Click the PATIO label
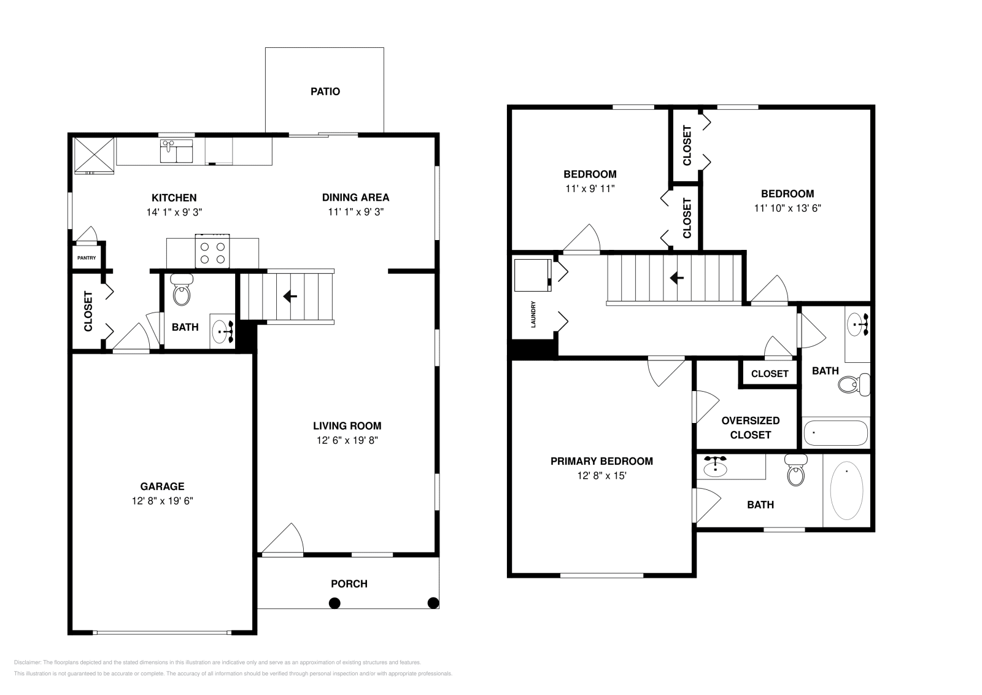point(325,91)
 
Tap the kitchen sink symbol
point(176,151)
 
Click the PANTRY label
point(87,258)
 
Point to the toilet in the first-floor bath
point(182,292)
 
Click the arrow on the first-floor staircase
point(290,297)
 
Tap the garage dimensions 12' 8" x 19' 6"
point(163,500)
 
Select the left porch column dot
point(334,603)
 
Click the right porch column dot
point(433,602)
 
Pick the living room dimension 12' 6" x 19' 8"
point(347,440)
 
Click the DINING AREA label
point(355,197)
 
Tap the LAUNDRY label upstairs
point(533,314)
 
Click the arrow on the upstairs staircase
point(677,278)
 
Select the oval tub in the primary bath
point(846,490)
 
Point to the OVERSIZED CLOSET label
point(751,427)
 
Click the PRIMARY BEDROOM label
point(601,461)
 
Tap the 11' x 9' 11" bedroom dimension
point(590,188)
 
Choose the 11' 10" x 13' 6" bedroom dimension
point(787,208)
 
